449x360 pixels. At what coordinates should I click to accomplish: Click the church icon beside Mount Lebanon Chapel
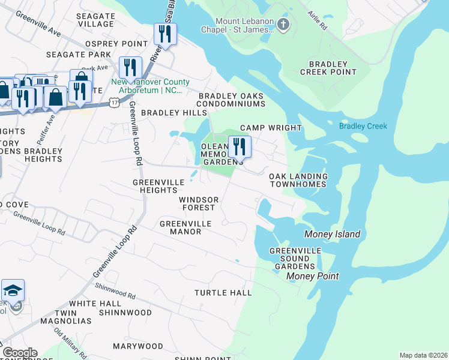click(x=284, y=25)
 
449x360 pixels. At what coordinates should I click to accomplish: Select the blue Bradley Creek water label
click(x=363, y=126)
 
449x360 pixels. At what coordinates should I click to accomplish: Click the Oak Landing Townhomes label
click(x=298, y=180)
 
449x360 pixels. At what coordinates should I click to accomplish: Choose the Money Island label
click(x=332, y=234)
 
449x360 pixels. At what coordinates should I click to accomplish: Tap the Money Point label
click(x=312, y=276)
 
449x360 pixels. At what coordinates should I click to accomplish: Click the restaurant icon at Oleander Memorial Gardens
click(x=239, y=146)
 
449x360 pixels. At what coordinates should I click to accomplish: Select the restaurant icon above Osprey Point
click(x=164, y=34)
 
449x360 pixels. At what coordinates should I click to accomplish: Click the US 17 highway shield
click(x=113, y=103)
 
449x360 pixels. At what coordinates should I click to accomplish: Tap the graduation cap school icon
click(x=13, y=291)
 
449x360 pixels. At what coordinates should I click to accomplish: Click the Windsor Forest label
click(x=197, y=203)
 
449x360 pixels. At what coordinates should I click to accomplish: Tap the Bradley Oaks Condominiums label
click(x=231, y=100)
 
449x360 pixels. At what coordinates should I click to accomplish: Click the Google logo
click(x=19, y=353)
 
